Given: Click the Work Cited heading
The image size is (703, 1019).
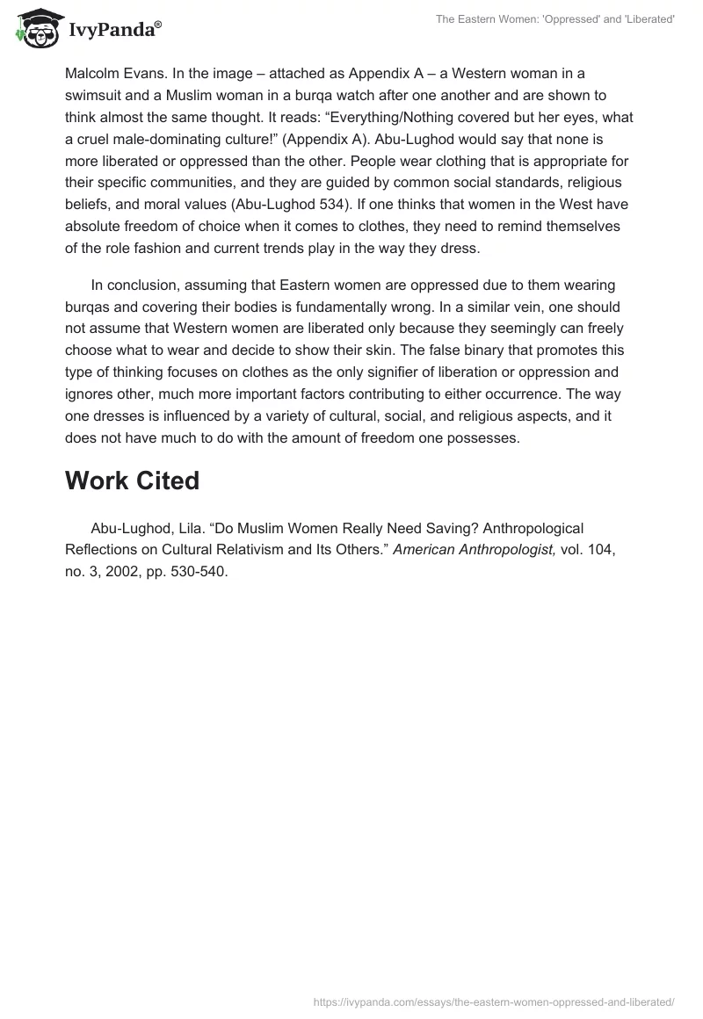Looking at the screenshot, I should pyautogui.click(x=132, y=481).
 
